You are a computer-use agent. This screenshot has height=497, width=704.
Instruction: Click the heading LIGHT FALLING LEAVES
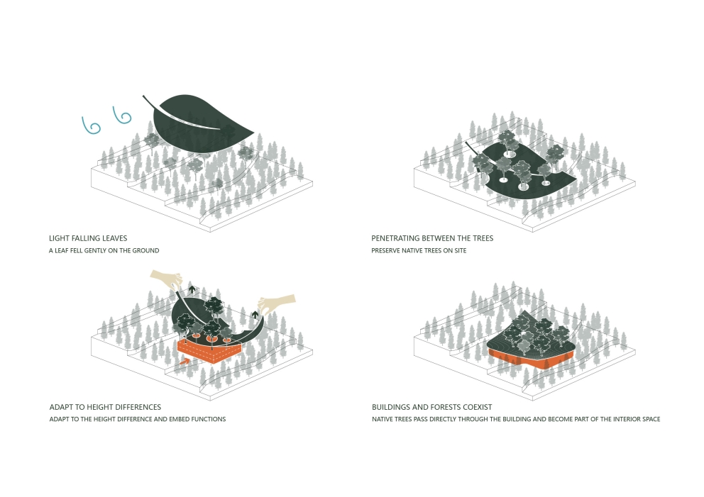(88, 238)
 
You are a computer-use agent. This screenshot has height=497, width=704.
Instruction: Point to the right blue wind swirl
(121, 115)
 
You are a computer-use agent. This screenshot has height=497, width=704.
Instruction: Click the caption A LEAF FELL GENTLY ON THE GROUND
(104, 251)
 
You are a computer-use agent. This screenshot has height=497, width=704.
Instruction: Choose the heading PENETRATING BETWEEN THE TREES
(432, 238)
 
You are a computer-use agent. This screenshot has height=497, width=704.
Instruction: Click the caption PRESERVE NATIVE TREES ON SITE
(419, 251)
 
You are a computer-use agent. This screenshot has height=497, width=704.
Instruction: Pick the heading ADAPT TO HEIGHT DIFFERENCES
(105, 407)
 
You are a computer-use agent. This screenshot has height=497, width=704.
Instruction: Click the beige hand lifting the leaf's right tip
(277, 303)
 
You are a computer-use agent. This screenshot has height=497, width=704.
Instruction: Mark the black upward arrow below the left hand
(192, 289)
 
